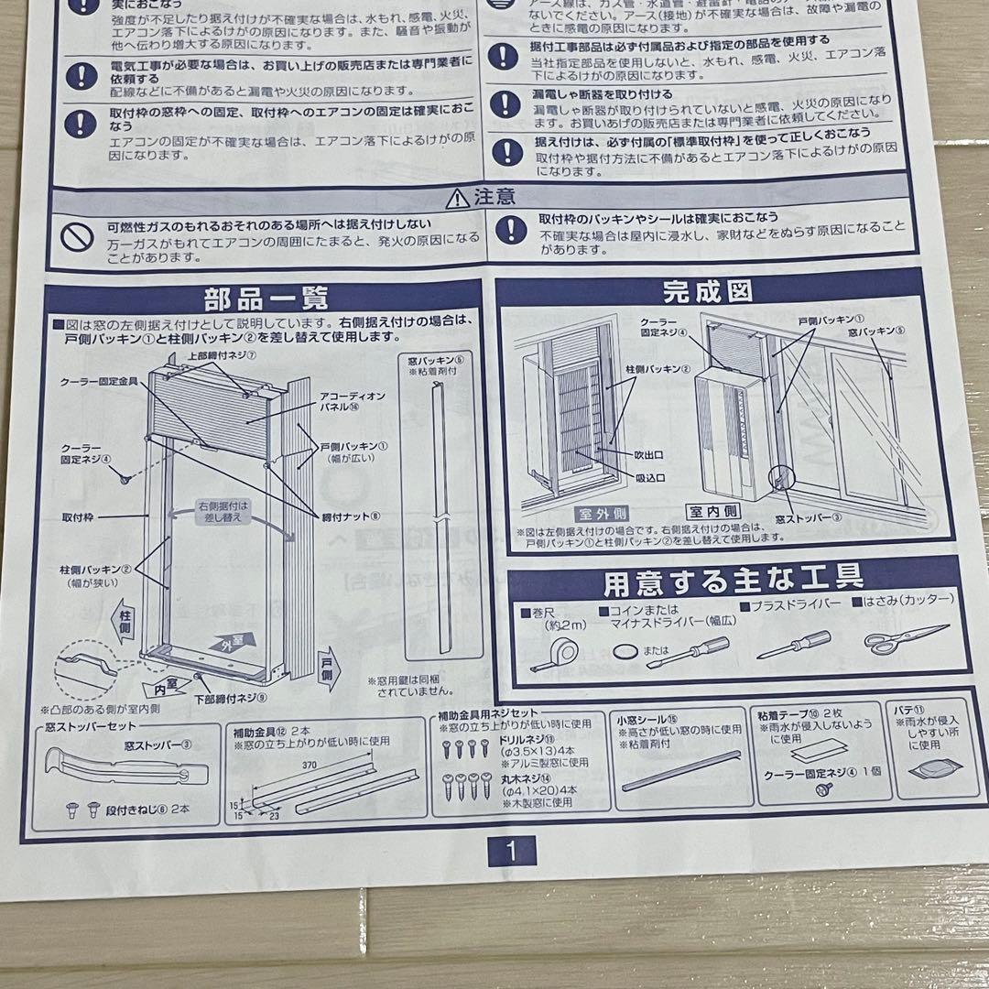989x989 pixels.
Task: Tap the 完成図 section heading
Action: [x=707, y=292]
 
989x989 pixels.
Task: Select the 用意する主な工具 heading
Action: [x=733, y=579]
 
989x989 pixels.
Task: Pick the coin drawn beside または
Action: [x=625, y=650]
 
